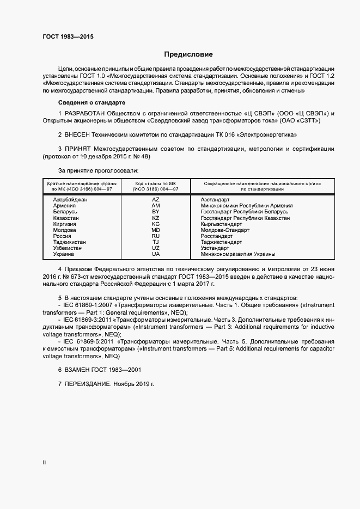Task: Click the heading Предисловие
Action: [188, 54]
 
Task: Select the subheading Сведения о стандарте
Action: [92, 102]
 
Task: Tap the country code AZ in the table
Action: [156, 200]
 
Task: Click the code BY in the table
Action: [156, 212]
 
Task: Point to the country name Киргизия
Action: [65, 224]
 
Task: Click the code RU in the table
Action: [156, 236]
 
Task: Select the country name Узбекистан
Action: [68, 248]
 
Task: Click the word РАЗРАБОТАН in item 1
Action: [85, 113]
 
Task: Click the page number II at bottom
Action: [44, 463]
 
